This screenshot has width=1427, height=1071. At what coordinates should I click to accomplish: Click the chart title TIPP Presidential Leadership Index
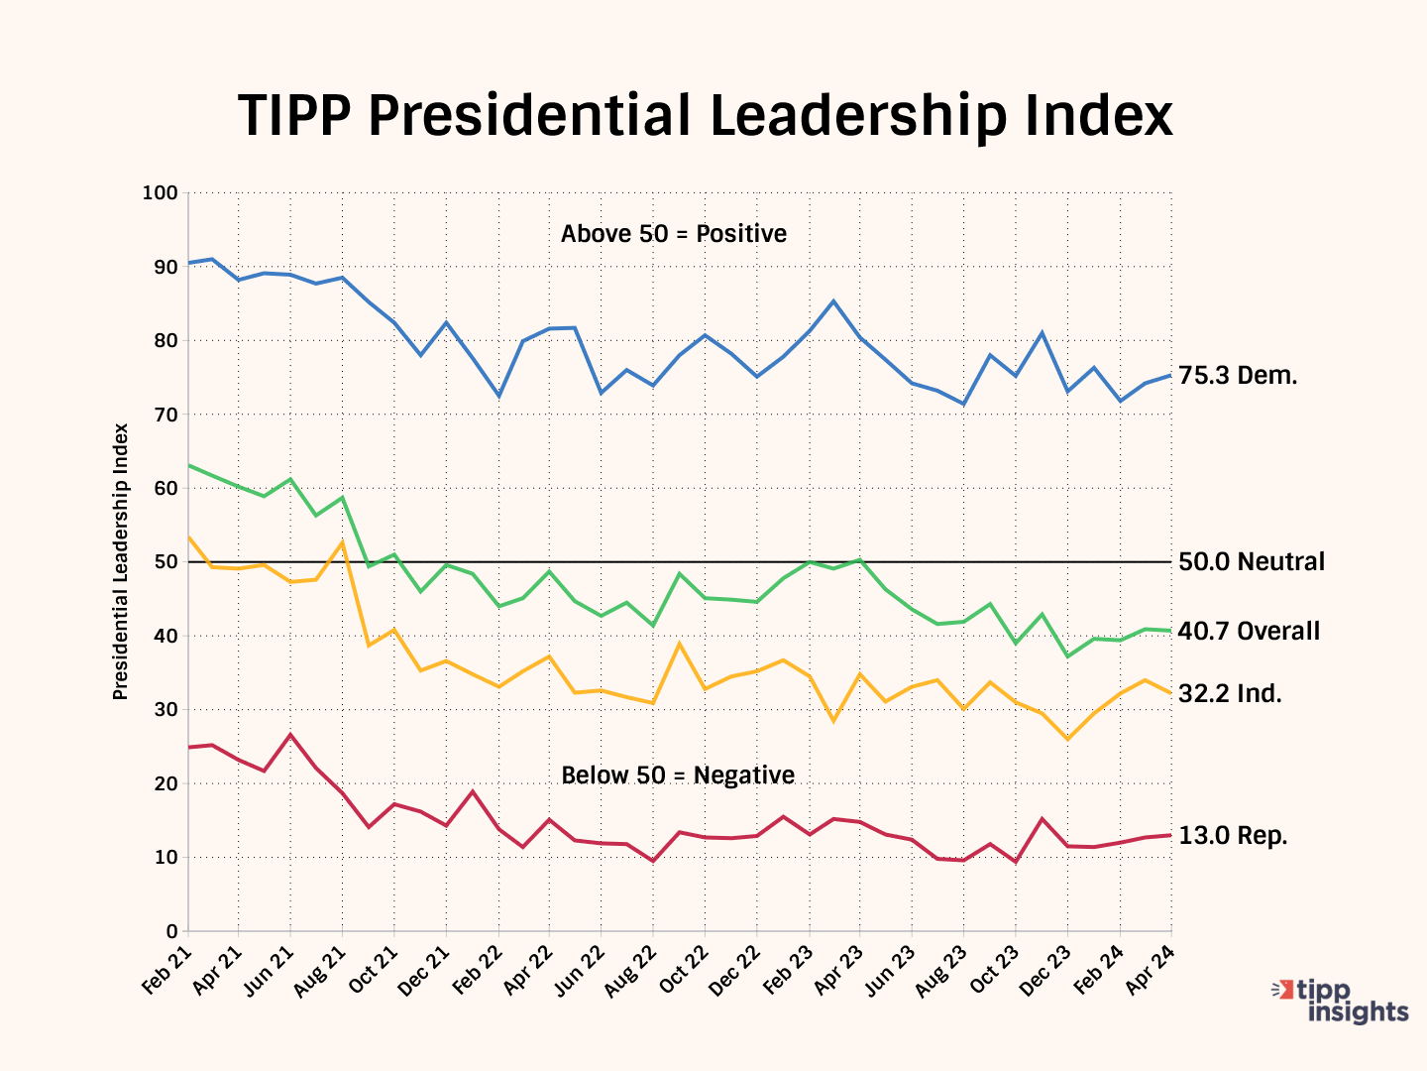click(705, 116)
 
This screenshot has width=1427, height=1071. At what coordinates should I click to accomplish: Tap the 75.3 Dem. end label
click(1238, 376)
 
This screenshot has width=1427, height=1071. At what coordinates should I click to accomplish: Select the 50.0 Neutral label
click(1251, 562)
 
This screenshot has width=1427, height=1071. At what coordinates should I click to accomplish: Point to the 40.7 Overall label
click(1249, 632)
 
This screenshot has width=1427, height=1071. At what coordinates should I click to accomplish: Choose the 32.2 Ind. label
click(1230, 694)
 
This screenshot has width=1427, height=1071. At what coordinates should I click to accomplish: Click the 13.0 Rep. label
click(1233, 836)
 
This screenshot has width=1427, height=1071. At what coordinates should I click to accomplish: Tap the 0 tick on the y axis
click(171, 931)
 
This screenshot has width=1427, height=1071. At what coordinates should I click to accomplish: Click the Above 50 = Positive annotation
click(674, 234)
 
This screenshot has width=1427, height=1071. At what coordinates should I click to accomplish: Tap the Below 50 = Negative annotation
click(678, 775)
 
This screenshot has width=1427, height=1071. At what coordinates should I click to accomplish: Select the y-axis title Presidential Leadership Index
click(121, 561)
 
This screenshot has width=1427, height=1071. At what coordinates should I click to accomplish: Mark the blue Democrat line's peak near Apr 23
click(833, 300)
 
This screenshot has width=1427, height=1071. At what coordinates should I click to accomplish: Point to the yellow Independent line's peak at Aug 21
click(342, 541)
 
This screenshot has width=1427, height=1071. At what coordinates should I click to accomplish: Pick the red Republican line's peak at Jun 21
click(289, 735)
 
